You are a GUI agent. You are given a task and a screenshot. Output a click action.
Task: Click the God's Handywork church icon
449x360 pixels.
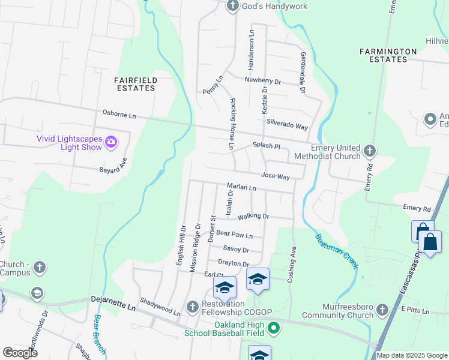coord(234,6)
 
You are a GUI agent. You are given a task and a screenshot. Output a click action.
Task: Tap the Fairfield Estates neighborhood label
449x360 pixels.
coord(136,83)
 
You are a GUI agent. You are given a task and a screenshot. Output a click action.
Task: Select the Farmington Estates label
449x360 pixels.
coord(388,55)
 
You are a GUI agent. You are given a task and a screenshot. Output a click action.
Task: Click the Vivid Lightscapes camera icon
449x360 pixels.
coord(111,142)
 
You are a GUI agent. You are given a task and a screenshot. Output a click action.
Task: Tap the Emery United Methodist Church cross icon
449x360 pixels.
coord(369,150)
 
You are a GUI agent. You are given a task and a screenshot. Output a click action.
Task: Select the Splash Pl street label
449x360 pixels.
coord(267,146)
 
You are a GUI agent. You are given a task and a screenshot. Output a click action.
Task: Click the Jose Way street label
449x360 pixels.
coord(276,177)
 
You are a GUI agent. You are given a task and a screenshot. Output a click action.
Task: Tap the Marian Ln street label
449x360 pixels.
coord(242,188)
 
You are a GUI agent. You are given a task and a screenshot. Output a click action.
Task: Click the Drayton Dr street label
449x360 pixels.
coord(234,263)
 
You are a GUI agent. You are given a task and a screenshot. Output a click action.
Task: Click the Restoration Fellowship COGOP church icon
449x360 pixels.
coord(193,307)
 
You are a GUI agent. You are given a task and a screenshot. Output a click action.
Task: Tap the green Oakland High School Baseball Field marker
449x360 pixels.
coord(274,328)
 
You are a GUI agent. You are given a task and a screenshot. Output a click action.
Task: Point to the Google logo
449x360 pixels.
coord(20,352)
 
